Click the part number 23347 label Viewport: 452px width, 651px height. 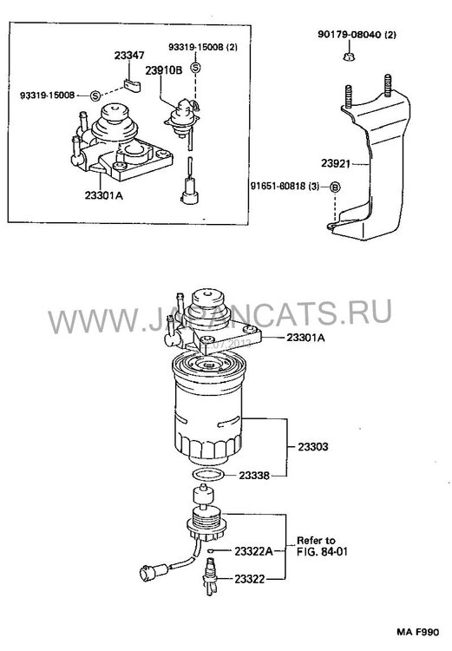coord(129,56)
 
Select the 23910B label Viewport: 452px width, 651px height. coord(163,70)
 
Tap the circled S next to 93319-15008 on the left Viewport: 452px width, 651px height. coord(95,95)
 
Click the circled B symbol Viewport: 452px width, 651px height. coord(335,187)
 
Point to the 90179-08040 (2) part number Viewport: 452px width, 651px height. coord(357,35)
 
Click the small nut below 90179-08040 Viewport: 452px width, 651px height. coord(349,56)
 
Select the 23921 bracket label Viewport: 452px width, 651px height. coord(336,163)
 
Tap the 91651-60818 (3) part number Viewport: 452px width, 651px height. coord(285,187)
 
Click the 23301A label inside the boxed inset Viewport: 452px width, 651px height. coord(104,194)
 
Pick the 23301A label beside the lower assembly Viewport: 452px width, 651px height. coord(305,338)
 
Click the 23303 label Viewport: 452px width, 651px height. coord(313,447)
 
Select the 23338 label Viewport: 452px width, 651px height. coord(254,476)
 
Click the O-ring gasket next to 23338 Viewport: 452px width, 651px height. coord(210,474)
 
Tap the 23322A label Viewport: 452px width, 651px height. coord(253,551)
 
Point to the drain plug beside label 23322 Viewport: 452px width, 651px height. coord(211,576)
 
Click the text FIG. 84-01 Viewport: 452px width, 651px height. coord(322,552)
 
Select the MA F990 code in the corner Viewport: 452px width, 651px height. coord(417,632)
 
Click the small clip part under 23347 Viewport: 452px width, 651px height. coord(133,85)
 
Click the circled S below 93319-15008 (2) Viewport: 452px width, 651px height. coord(195,68)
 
